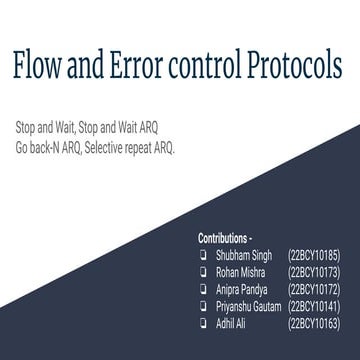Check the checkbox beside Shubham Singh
coord(204,256)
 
